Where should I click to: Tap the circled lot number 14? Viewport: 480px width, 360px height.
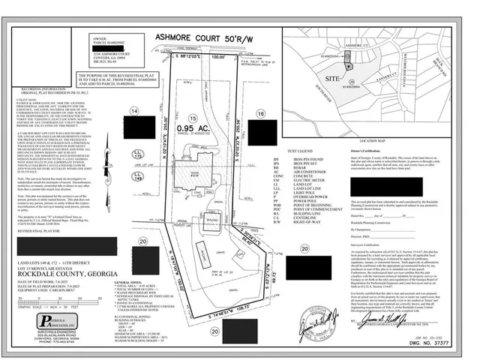point(134,111)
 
